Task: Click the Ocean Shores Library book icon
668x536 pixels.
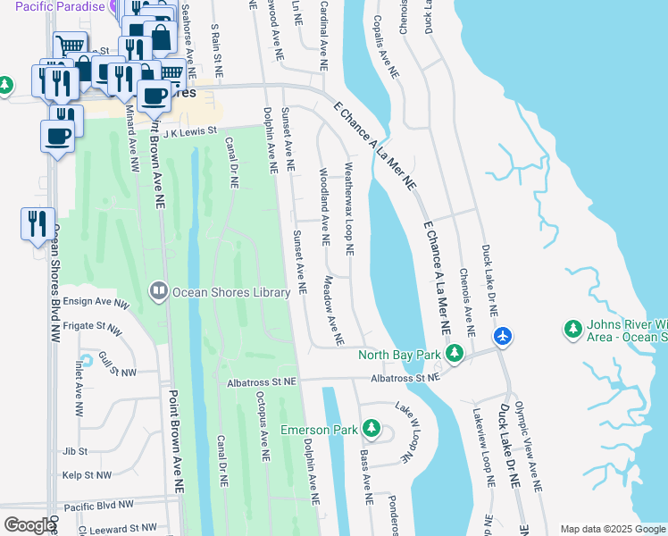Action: [158, 291]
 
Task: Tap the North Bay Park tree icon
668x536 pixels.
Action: [455, 355]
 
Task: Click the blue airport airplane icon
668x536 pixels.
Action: [503, 336]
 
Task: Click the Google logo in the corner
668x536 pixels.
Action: [29, 525]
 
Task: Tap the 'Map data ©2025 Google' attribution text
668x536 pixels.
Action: [613, 529]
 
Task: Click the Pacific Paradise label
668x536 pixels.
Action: [54, 6]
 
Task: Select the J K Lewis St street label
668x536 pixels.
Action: [184, 130]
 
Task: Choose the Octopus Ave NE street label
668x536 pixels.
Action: [262, 425]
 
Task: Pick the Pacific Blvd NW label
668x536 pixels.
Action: [99, 505]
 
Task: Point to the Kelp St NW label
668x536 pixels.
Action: [87, 476]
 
